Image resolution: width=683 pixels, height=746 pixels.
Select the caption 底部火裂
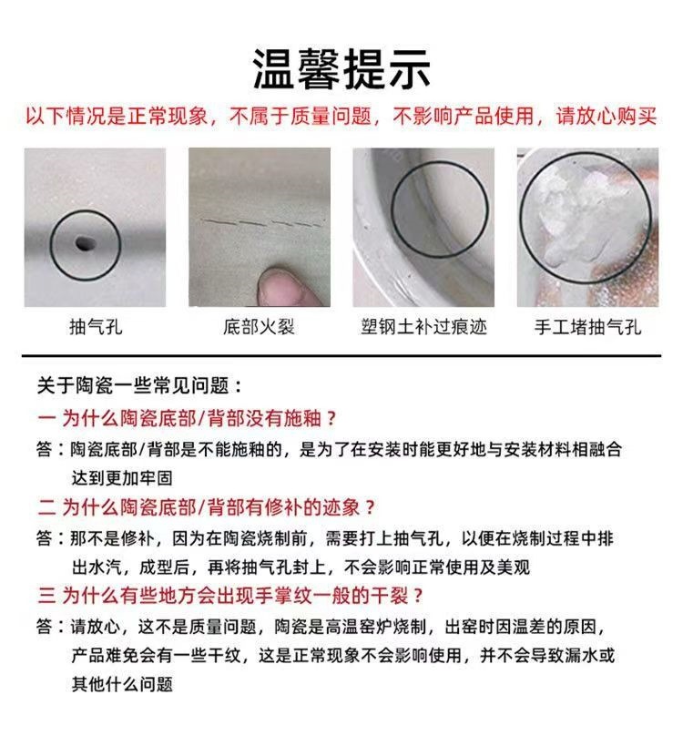[x=259, y=326]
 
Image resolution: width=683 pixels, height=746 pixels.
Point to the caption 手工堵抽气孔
[x=587, y=326]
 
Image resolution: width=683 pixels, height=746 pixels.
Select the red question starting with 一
[x=188, y=419]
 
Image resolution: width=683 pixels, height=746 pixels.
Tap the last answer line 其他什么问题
[x=122, y=684]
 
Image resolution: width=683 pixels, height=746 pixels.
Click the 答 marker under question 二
[x=45, y=537]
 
